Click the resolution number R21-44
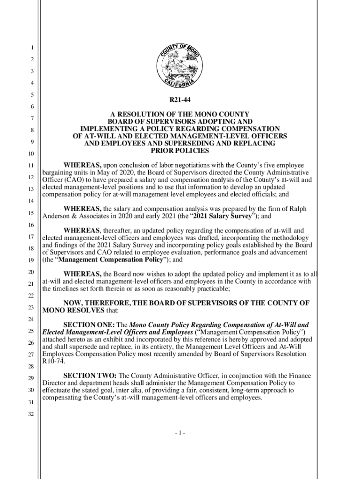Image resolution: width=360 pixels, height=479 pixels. click(180, 100)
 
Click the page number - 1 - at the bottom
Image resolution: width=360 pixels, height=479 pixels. click(180, 433)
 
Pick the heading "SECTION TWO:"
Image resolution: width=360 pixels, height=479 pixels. click(90, 376)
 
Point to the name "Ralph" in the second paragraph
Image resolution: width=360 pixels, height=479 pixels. click(297, 209)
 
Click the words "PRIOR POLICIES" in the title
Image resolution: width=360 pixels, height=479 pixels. click(180, 151)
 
